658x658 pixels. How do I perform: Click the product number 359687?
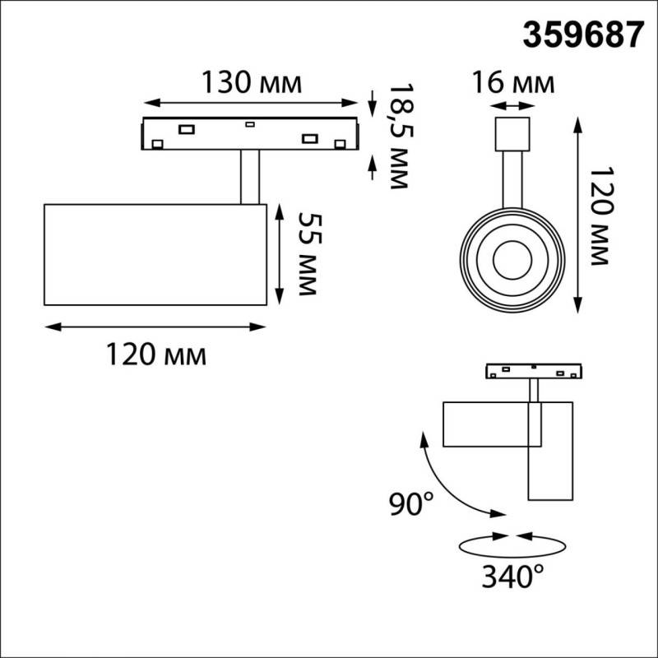583,35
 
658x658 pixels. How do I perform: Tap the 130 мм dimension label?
252,82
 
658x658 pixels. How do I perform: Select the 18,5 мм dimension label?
401,137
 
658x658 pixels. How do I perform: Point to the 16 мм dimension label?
513,82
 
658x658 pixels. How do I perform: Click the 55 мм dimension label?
310,254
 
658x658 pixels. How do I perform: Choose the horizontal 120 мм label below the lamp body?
155,354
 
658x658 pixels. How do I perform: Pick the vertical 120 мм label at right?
602,216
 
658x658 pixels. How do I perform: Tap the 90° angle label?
410,503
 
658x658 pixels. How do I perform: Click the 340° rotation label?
512,577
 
